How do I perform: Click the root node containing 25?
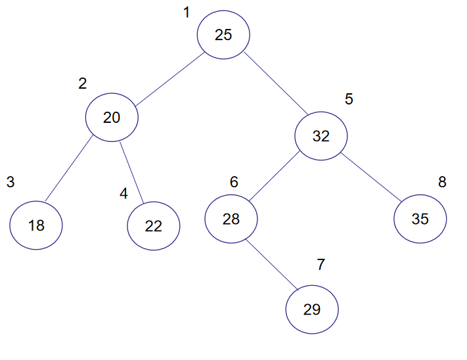223,35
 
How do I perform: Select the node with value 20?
112,118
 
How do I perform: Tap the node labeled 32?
321,136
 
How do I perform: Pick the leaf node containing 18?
36,225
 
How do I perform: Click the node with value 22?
154,226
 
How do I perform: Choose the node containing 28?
231,219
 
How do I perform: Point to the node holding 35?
420,219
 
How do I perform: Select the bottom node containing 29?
312,309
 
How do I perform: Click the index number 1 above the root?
187,12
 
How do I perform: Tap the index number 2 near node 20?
83,83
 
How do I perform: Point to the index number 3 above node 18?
11,182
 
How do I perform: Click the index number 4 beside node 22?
123,194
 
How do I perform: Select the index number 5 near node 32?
349,99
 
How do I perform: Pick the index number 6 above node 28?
234,182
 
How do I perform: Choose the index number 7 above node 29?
321,265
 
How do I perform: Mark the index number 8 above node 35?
442,182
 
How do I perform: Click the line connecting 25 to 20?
169,79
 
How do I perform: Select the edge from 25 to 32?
276,83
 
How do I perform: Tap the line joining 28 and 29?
272,264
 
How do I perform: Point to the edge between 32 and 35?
371,177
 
